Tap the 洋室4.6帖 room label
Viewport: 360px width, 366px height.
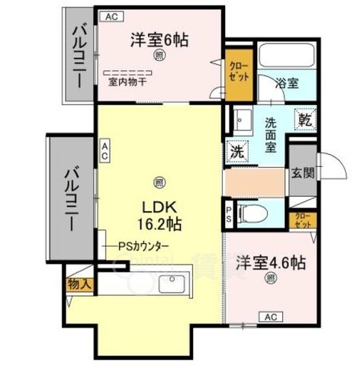click(270, 263)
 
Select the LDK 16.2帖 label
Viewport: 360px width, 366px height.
click(158, 215)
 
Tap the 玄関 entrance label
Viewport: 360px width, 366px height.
click(300, 173)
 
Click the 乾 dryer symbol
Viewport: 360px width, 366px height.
click(304, 120)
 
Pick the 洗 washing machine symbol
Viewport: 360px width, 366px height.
click(236, 150)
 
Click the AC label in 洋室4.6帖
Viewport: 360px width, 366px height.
click(269, 316)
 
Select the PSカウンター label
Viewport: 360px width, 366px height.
click(143, 246)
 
